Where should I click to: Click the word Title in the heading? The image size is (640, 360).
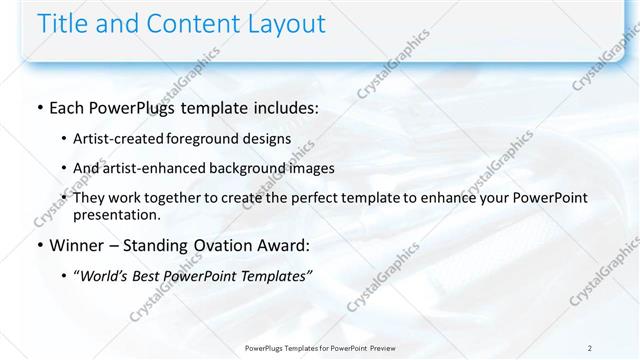pyautogui.click(x=63, y=23)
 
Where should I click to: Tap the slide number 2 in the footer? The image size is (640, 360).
pyautogui.click(x=590, y=348)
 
